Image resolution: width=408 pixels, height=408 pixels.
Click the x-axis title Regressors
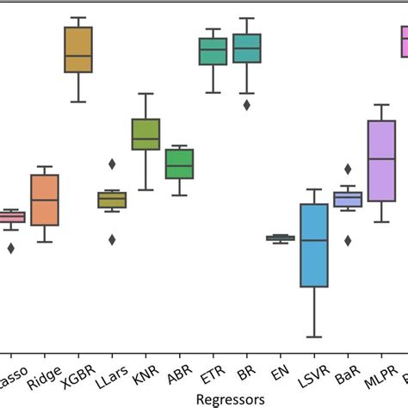[x=232, y=399]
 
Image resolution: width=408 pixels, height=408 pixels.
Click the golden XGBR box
[x=78, y=50]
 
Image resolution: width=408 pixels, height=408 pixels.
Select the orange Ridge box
[x=45, y=200]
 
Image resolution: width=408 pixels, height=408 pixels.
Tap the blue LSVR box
[x=313, y=245]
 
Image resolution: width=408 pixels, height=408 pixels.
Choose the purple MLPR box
[x=380, y=161]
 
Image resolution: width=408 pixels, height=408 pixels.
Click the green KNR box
[x=145, y=133]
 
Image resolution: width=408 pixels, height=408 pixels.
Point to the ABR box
[x=179, y=164]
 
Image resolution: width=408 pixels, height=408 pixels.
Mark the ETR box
[x=213, y=51]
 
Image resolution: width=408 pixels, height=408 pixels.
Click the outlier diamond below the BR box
[x=247, y=105]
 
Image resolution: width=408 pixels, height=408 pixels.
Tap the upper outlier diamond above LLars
[x=112, y=164]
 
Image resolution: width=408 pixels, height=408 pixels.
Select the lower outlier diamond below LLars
[x=112, y=239]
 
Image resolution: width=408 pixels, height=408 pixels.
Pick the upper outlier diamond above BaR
[x=348, y=170]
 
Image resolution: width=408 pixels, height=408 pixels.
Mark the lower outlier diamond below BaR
[x=348, y=240]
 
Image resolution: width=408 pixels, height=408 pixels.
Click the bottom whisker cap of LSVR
[x=313, y=337]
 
